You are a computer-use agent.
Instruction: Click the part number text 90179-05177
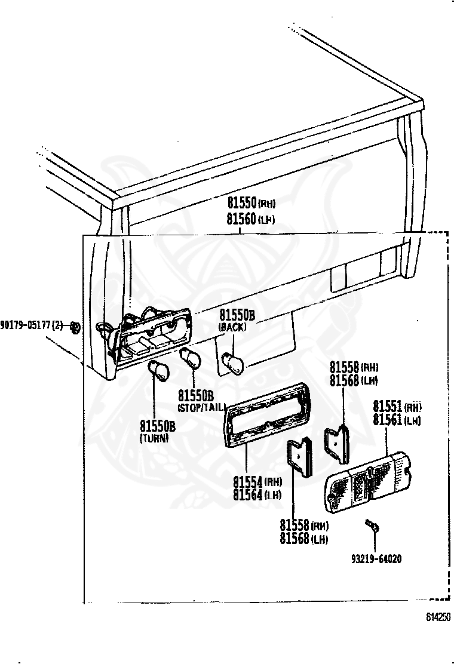click(27, 325)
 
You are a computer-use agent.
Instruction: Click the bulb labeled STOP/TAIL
click(191, 359)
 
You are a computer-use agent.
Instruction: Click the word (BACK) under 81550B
click(232, 328)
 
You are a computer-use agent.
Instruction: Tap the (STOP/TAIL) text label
click(201, 407)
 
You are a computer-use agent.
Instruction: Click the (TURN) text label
click(154, 438)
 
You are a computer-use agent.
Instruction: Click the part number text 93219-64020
click(376, 560)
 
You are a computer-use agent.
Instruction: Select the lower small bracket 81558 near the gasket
click(300, 459)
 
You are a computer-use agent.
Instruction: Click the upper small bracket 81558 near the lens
click(338, 442)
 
